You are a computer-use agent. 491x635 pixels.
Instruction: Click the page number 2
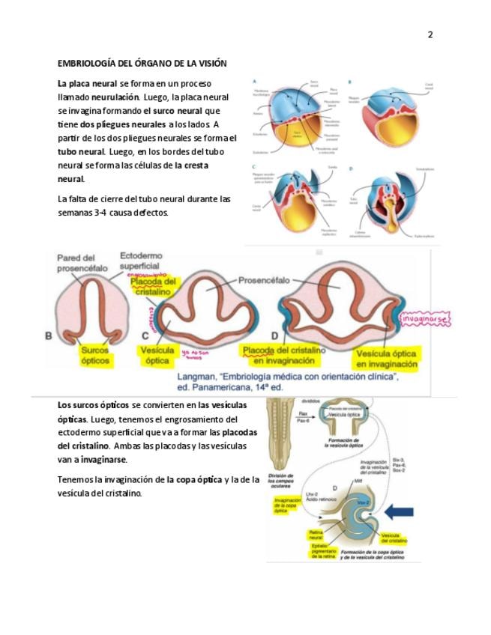click(x=430, y=34)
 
